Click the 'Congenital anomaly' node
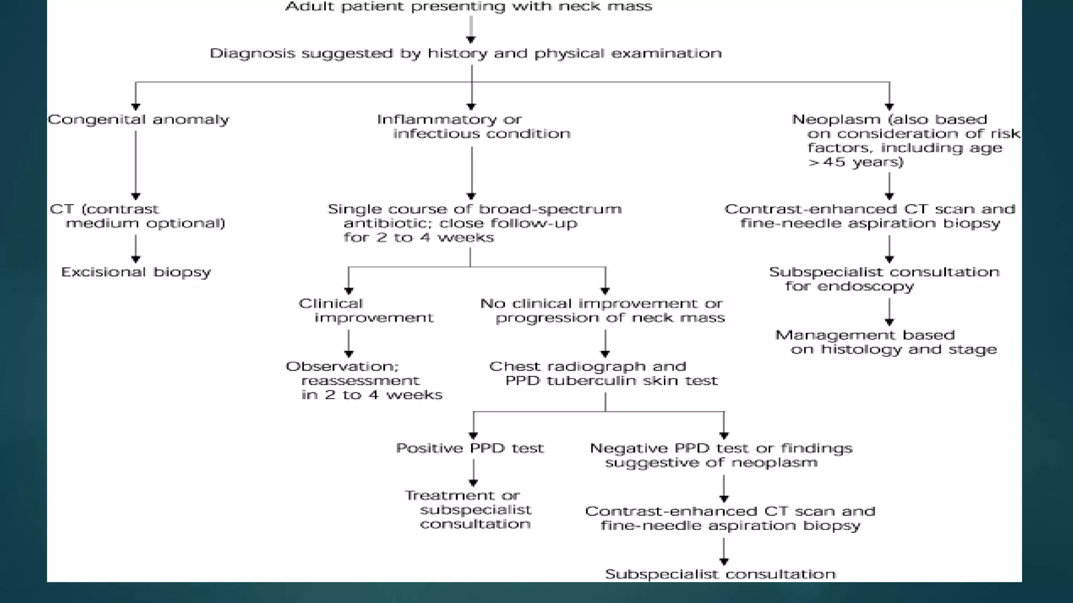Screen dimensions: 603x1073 tap(138, 119)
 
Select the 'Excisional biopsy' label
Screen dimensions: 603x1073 tap(136, 272)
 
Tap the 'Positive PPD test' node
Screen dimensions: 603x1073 tap(469, 448)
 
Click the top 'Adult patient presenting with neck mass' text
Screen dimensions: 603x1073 tap(468, 7)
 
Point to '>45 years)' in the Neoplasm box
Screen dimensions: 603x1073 tap(855, 162)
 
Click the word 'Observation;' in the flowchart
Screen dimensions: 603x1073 tap(342, 366)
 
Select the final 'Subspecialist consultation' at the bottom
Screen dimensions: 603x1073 tap(720, 574)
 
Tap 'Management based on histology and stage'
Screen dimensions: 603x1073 tap(885, 342)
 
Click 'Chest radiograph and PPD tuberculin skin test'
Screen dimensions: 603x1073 tap(603, 374)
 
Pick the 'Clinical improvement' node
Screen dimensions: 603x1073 tap(366, 310)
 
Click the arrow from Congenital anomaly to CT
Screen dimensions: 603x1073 tap(136, 165)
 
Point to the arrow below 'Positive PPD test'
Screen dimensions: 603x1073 tap(473, 475)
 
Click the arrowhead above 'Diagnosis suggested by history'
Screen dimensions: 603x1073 tap(471, 39)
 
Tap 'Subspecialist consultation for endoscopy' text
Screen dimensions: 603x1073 tap(883, 279)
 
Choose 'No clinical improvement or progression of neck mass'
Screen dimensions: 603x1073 tap(602, 310)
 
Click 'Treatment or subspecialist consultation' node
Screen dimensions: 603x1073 tap(468, 510)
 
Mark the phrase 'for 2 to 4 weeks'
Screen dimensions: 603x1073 tap(418, 238)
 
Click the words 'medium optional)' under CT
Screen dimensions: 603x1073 tap(145, 224)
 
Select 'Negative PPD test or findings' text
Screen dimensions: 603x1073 tap(721, 449)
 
